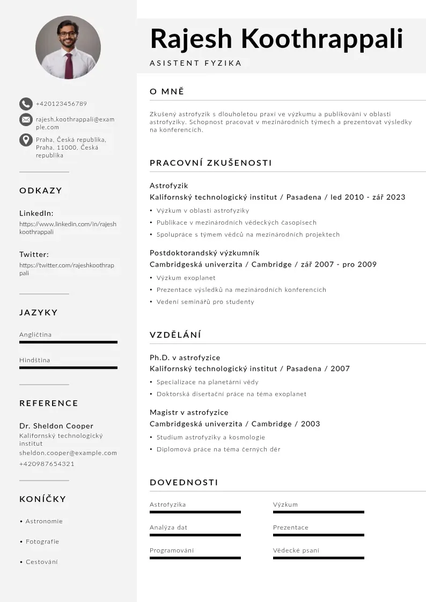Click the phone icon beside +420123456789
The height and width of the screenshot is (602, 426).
click(26, 104)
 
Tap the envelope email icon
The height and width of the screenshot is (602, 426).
click(26, 120)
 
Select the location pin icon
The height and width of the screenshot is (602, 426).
click(26, 140)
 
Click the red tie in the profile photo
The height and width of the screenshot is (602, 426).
click(69, 66)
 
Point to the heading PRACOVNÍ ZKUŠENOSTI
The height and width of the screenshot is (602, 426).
click(210, 163)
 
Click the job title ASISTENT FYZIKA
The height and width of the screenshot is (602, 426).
click(196, 63)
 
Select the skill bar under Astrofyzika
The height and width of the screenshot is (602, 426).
click(195, 512)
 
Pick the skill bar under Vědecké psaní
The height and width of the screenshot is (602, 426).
click(318, 558)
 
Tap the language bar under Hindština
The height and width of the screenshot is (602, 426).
click(68, 368)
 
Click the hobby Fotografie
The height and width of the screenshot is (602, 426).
click(42, 542)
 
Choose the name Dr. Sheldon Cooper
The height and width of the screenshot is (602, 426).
click(56, 426)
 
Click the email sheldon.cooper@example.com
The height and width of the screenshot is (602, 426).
click(68, 453)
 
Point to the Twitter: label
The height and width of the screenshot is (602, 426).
click(34, 254)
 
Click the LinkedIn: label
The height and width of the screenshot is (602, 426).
click(36, 213)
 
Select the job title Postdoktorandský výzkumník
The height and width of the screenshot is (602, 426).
click(204, 253)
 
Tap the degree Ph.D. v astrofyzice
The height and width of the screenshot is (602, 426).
click(185, 357)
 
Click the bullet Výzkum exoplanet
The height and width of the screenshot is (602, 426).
click(186, 278)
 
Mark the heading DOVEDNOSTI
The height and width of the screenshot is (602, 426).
click(183, 483)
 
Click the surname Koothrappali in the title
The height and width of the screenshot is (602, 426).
click(322, 39)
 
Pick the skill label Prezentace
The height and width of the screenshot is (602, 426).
click(290, 528)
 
